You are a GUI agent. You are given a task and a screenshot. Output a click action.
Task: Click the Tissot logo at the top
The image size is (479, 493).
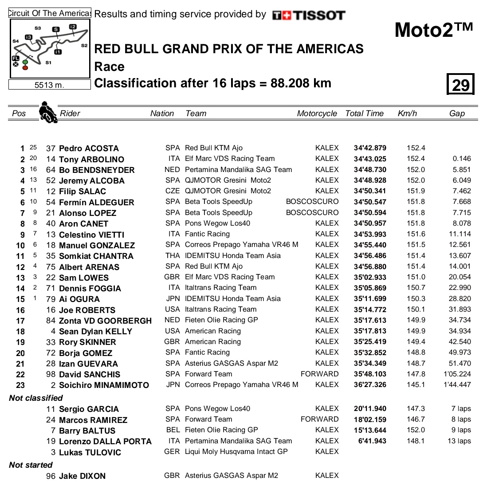[309, 15]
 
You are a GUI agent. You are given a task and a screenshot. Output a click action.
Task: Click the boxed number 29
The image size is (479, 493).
[460, 84]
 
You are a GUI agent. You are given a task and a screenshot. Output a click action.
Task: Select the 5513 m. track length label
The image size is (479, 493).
[49, 85]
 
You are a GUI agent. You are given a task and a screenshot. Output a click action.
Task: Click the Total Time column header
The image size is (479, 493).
[364, 113]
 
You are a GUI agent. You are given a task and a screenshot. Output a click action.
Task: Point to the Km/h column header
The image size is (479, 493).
[407, 113]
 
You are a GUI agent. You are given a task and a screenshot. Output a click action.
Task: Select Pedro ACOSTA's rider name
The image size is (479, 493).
[89, 149]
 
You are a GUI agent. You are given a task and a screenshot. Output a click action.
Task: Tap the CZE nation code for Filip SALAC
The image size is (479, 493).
[172, 191]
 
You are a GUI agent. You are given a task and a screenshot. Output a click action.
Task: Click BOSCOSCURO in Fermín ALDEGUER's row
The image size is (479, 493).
[312, 202]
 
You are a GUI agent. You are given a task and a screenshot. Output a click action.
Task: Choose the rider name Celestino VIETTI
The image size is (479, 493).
[91, 235]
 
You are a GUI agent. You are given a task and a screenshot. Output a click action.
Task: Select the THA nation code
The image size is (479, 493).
[172, 256]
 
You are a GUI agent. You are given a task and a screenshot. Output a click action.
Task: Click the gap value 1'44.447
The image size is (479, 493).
[457, 385]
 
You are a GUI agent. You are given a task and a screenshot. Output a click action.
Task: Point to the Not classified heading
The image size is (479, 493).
[36, 398]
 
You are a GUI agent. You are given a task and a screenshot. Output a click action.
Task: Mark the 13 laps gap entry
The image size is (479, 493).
[459, 441]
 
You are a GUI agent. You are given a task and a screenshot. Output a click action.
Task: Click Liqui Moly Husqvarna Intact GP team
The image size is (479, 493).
[236, 452]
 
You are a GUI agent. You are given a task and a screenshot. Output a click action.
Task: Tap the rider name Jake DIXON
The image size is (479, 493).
[82, 476]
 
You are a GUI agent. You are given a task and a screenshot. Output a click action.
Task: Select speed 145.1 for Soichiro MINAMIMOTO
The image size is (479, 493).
[416, 385]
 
